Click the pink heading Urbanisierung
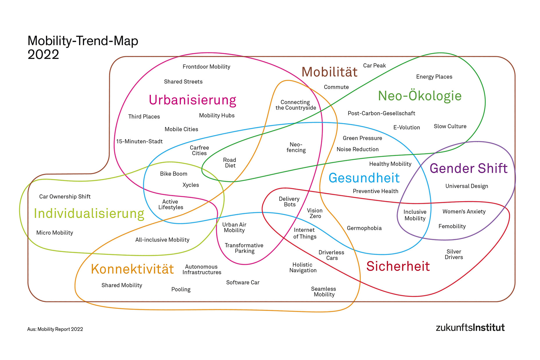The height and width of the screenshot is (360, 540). (192, 100)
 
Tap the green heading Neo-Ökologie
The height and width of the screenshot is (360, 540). (420, 96)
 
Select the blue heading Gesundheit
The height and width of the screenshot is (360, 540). (364, 178)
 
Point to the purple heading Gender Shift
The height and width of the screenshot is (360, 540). (468, 168)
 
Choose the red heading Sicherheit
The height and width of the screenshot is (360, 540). (398, 266)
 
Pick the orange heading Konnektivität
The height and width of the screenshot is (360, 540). (132, 269)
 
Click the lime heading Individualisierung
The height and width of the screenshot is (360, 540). (89, 214)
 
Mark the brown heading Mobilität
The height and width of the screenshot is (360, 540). (329, 72)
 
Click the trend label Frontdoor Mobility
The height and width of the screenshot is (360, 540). (206, 67)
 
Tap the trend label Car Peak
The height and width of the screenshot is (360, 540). (374, 66)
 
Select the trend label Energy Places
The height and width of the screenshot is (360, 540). (434, 77)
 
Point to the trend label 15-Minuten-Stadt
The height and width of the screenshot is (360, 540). (139, 141)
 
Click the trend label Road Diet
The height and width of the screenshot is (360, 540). (230, 163)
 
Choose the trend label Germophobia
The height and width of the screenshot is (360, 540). (364, 228)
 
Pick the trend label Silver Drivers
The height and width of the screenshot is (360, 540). (454, 254)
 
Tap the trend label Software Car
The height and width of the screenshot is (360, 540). (243, 282)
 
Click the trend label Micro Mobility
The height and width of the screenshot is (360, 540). (55, 233)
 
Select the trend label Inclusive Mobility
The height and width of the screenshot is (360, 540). (415, 215)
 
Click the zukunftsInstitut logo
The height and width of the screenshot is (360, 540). (470, 327)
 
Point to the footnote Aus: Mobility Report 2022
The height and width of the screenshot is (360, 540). (55, 329)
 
